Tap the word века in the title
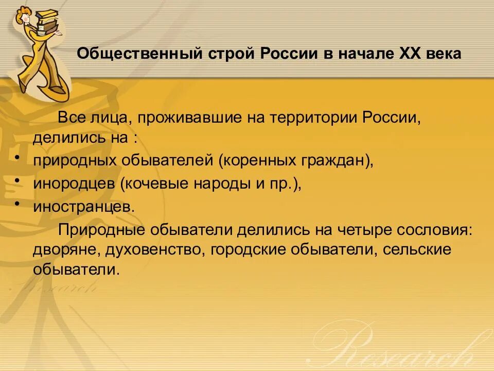click(x=444, y=54)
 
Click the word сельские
click(x=421, y=250)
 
